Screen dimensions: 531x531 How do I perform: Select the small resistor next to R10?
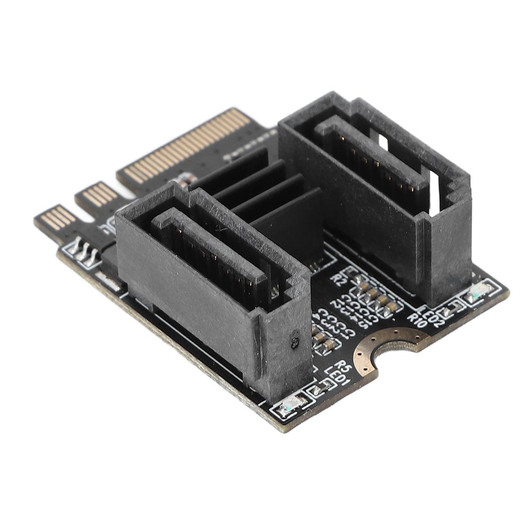pos(445,311)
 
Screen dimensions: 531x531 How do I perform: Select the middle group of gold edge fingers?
pos(100,195)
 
